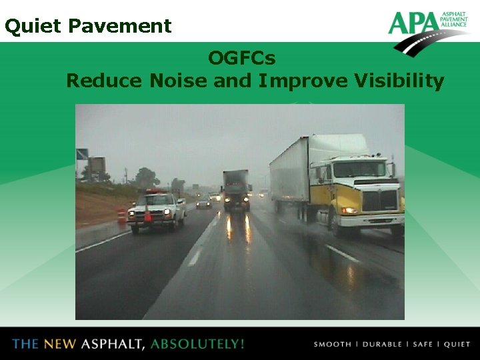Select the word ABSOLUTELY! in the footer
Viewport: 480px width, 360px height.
[x=197, y=344]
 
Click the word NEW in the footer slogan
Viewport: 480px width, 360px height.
[x=61, y=344]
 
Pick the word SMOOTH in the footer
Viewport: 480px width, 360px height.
[x=332, y=344]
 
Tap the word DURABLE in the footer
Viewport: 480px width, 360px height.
[x=381, y=344]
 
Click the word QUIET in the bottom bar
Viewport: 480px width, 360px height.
[x=457, y=344]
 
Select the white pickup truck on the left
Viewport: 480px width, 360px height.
[x=156, y=210]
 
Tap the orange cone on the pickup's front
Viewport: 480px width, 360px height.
[x=147, y=215]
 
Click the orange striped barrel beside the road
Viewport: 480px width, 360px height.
[x=121, y=215]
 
